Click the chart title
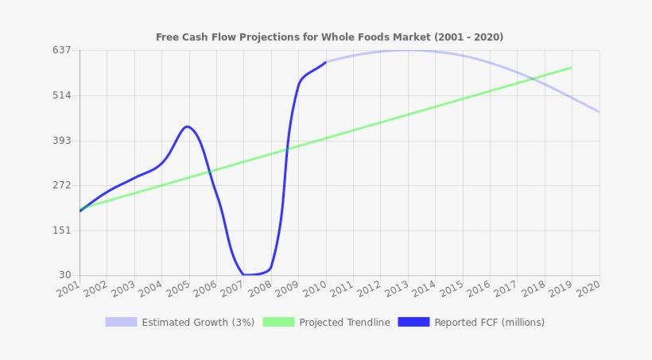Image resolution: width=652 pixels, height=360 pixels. coord(329,37)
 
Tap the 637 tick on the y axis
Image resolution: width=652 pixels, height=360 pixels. coord(62,50)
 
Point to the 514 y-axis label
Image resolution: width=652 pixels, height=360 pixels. coord(62,95)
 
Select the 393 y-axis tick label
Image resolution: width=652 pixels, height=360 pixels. coord(62,141)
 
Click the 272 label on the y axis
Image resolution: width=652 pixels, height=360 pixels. coord(62,185)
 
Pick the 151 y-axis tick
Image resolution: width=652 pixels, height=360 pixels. coord(62,230)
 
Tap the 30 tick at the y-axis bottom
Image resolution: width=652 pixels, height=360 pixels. coord(65,275)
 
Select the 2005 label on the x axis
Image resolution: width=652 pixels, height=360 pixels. coord(177,290)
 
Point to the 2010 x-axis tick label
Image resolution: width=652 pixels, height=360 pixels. coord(313,290)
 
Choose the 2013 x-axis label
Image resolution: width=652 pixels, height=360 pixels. coord(395,290)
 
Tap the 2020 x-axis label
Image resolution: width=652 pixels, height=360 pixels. coord(587,290)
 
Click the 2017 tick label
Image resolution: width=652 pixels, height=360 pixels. coord(505,290)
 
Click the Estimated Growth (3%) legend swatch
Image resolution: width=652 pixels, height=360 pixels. coord(121,322)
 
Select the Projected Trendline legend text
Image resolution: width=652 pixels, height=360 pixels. coord(344,323)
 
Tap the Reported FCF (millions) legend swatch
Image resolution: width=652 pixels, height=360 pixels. coord(413,322)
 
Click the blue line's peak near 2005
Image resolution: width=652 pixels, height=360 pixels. coord(187,126)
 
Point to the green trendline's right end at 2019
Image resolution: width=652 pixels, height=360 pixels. coord(571,68)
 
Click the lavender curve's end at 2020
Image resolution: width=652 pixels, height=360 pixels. coord(599,111)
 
